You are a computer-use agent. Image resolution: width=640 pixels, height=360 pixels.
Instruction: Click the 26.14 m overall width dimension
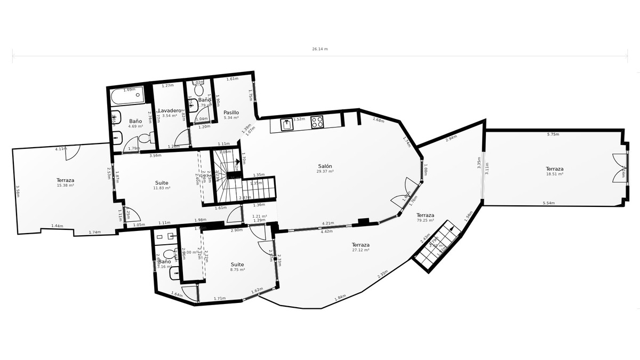(x=320, y=49)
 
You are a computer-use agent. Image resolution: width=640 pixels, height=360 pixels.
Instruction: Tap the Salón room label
(x=325, y=166)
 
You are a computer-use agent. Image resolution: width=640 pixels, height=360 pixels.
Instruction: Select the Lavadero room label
(x=170, y=110)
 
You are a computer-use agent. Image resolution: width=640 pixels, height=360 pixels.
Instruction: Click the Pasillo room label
(x=231, y=113)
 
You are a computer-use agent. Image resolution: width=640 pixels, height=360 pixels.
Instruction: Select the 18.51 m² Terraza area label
(x=555, y=174)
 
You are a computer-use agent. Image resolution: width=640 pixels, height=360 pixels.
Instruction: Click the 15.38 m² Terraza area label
(x=65, y=185)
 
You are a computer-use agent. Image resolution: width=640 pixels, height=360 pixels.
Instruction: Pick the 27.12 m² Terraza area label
(x=361, y=249)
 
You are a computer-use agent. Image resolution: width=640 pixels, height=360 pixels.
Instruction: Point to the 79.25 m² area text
(x=426, y=220)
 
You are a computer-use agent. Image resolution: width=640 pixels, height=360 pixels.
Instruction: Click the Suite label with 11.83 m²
(x=161, y=188)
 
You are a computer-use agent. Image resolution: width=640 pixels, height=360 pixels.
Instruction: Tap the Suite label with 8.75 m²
(x=237, y=270)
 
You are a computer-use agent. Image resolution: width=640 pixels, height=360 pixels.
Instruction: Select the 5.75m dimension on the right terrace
(x=553, y=134)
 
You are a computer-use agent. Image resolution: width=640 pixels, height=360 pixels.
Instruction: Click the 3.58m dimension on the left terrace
(x=18, y=191)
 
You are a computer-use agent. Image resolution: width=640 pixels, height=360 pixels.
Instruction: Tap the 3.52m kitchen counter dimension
(x=299, y=119)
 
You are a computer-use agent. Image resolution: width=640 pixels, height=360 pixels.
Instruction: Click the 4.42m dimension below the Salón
(x=326, y=231)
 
